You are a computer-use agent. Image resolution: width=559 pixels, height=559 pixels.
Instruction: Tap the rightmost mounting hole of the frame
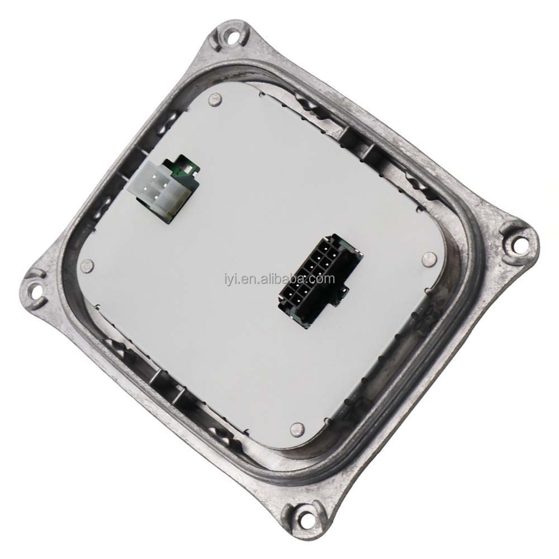[x=519, y=243]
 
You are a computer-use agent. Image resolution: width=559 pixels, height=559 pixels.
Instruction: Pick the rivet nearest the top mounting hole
[x=213, y=101]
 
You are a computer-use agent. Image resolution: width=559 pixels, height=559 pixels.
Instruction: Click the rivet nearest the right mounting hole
[x=429, y=258]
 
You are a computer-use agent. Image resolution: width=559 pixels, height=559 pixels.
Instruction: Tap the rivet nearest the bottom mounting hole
[x=296, y=429]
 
